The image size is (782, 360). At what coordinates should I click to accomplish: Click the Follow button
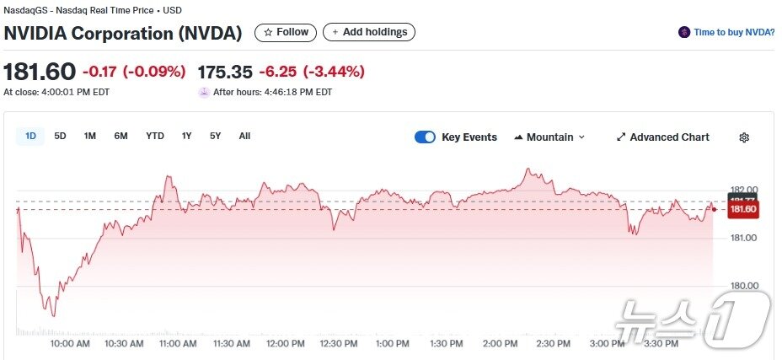coord(286,32)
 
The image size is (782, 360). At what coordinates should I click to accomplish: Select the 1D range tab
coord(30,136)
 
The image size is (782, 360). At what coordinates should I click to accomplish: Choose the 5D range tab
coord(60,136)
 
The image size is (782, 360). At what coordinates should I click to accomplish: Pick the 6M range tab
coord(121,136)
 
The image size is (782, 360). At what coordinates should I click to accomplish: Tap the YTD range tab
coord(155,136)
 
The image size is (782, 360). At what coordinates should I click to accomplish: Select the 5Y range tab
coord(215,136)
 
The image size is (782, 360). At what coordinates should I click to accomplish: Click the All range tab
coord(244,136)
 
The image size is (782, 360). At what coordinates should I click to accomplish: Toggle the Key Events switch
coord(425,137)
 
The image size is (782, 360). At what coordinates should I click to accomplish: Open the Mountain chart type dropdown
coord(549,137)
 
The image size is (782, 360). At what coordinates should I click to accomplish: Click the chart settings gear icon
coord(744,137)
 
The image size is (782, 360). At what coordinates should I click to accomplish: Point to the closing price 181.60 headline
coord(40,72)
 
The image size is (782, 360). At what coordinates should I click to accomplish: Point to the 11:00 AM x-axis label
coord(178,344)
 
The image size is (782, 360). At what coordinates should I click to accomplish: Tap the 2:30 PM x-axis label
coord(552,344)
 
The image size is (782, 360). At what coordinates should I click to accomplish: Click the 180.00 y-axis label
coord(742,286)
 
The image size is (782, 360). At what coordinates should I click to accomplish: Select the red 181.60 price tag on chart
coord(742,209)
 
